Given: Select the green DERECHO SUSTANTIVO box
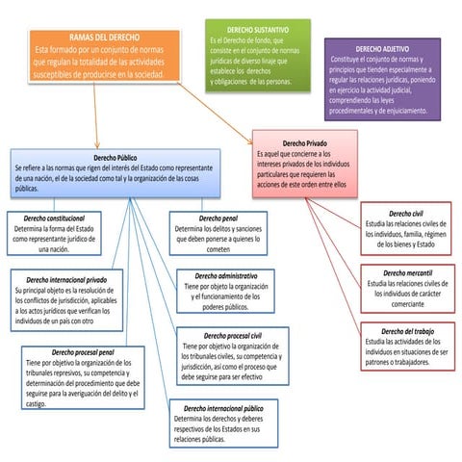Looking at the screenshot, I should (258, 57).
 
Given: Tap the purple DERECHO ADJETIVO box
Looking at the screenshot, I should (381, 81).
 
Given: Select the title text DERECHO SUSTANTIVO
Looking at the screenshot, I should (258, 31).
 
